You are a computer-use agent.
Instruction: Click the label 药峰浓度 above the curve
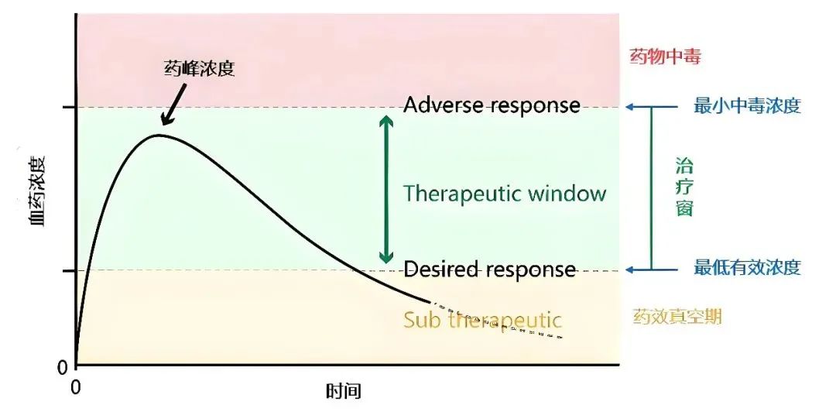pos(200,68)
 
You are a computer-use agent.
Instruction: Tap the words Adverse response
pos(492,105)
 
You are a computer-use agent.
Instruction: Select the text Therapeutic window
pos(505,193)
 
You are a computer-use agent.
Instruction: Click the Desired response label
pos(490,270)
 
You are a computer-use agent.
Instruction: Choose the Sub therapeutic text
pos(482,319)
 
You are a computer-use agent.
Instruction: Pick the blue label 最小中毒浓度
pos(747,106)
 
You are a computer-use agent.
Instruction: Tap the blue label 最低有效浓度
pos(747,269)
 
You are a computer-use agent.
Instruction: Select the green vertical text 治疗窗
pos(684,187)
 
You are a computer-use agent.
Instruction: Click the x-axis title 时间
pos(343,391)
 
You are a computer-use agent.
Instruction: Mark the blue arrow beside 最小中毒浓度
pos(639,107)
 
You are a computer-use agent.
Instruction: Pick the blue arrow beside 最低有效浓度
pos(639,270)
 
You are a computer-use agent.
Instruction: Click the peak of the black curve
pos(159,135)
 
